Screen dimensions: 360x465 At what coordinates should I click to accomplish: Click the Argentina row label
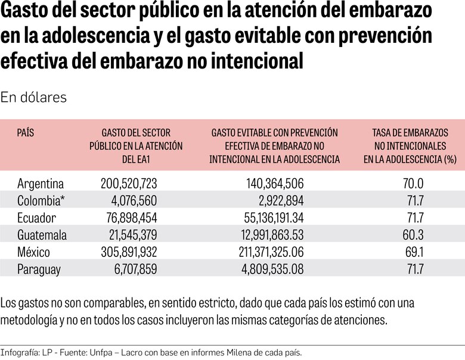click(x=41, y=184)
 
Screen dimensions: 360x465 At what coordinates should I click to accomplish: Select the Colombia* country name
click(x=43, y=201)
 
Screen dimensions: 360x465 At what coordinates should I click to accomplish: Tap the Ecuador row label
click(x=38, y=218)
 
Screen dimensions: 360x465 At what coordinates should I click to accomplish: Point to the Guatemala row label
click(x=42, y=235)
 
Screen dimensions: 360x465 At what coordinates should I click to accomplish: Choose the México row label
click(x=34, y=252)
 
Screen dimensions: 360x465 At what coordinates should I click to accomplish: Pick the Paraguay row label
click(x=39, y=269)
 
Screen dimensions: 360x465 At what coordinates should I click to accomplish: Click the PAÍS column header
click(x=26, y=132)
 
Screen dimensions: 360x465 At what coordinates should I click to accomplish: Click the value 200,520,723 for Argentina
click(x=122, y=184)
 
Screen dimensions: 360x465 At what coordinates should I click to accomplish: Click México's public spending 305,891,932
click(x=122, y=252)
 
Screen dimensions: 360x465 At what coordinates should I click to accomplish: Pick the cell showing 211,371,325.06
click(x=257, y=252)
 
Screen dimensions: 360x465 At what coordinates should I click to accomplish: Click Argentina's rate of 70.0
click(x=413, y=184)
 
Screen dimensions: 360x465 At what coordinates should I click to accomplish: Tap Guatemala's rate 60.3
click(x=413, y=235)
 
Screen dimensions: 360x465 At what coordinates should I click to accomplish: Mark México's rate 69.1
click(x=413, y=252)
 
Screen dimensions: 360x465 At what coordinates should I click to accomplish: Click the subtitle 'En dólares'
click(x=33, y=97)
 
